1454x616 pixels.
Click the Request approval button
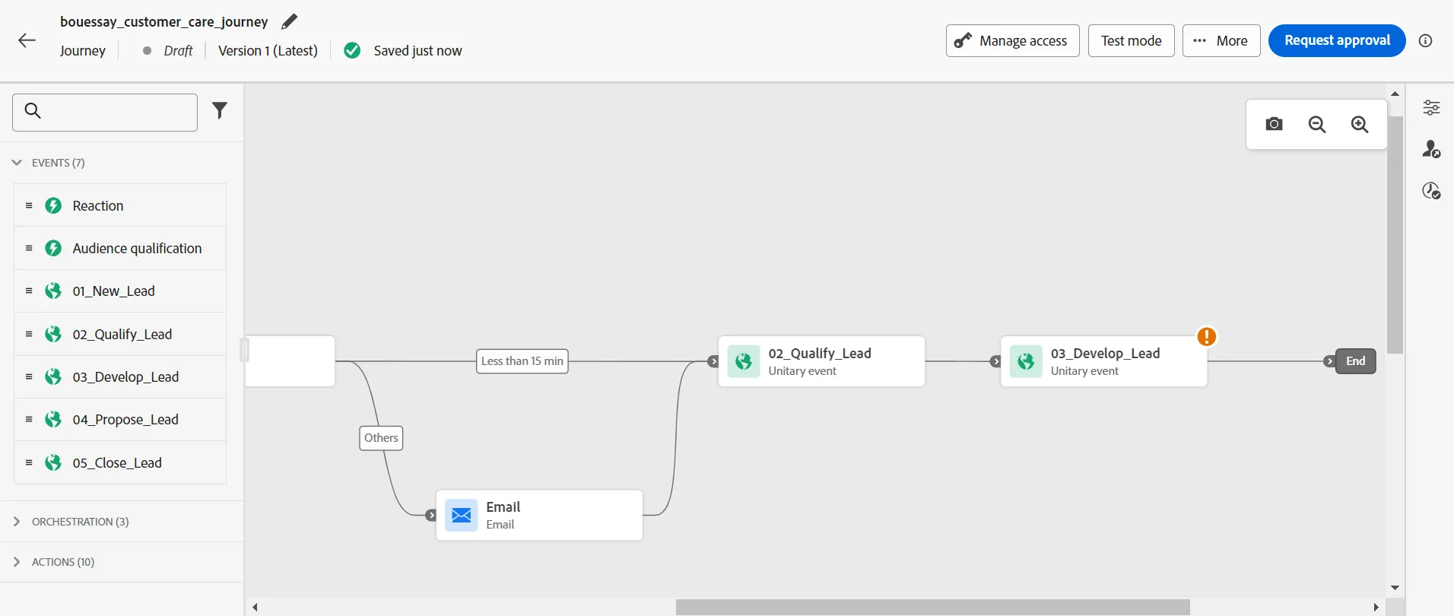(1337, 40)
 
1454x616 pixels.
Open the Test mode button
(1131, 40)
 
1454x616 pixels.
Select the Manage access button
(1012, 40)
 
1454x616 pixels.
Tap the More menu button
(1221, 40)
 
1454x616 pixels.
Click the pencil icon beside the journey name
(289, 22)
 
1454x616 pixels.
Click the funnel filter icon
(220, 111)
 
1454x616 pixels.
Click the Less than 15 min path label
(522, 361)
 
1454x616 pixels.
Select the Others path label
(381, 438)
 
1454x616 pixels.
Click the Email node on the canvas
(539, 515)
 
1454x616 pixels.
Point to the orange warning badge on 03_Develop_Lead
(1207, 336)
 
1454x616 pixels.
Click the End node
(1356, 361)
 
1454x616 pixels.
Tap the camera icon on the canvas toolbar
(1275, 124)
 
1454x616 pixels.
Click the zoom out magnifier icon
(1317, 124)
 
